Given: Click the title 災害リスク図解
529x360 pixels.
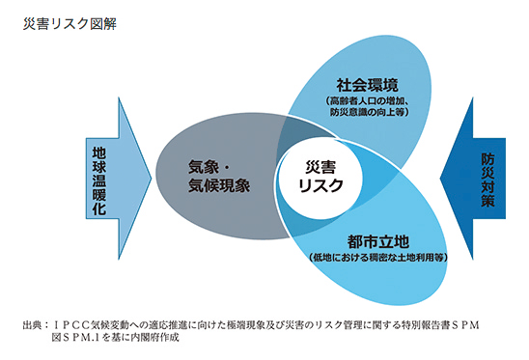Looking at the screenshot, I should (67, 19).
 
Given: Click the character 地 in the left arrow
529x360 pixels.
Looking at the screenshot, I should (101, 152).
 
